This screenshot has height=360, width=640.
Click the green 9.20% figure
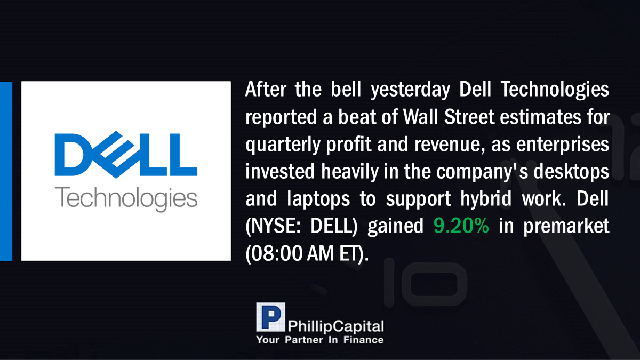tap(461, 226)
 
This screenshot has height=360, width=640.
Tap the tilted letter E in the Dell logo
tap(116, 155)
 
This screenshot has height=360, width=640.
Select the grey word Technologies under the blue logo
tap(126, 199)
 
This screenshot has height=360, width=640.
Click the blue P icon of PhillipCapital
tap(270, 317)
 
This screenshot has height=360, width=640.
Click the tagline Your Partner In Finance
tap(320, 340)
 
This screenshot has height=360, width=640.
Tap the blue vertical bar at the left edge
tap(6, 171)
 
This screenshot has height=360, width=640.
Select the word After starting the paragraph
tap(266, 89)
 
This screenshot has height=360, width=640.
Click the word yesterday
tap(410, 90)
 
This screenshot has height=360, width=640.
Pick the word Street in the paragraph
tap(469, 117)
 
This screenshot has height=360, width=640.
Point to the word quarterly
tap(283, 145)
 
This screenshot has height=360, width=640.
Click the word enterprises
tap(563, 145)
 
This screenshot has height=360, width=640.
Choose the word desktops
tap(571, 172)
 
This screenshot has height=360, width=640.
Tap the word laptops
tap(318, 199)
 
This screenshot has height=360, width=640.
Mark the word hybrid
tap(486, 199)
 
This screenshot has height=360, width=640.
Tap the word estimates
tap(541, 117)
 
